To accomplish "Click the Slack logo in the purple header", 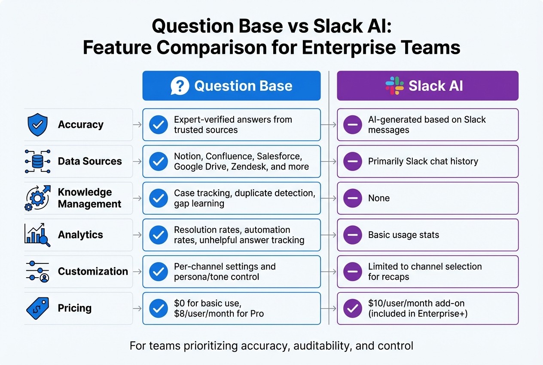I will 394,86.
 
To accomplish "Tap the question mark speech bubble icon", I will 180,86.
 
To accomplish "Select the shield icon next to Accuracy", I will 37,125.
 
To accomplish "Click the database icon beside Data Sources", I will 37,161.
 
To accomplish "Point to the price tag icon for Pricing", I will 37,308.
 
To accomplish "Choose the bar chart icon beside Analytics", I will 37,235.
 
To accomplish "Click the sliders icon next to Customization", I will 37,272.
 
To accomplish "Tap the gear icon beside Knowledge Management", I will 37,198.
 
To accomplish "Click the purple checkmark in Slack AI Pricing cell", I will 352,308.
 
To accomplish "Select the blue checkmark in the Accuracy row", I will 158,125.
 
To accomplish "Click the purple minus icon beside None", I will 352,198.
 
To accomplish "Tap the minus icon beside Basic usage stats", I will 352,235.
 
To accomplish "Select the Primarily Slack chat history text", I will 423,161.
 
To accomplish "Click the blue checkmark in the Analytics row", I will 158,235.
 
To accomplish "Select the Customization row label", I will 93,272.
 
